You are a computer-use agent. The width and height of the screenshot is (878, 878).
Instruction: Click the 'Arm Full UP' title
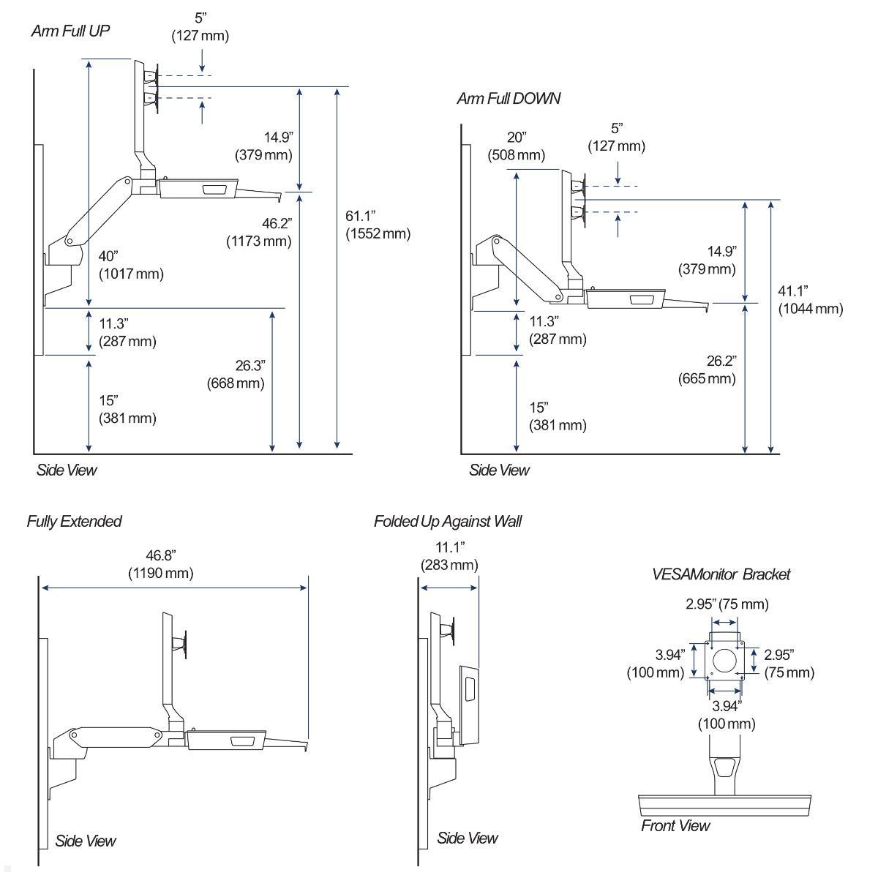coord(70,31)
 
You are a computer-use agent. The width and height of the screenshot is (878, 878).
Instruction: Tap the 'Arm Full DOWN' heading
coord(509,98)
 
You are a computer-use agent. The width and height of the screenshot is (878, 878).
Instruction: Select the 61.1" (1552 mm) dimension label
coord(378,225)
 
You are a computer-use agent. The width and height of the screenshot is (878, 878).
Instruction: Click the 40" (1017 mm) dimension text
coord(131,265)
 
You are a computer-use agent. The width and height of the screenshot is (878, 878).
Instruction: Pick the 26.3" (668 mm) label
coord(236,374)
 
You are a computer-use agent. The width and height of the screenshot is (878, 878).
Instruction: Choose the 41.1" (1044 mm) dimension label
coord(810,300)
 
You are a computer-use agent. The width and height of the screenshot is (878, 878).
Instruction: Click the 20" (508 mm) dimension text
coord(517,146)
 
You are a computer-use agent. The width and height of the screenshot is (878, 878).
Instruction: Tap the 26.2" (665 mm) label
coord(707,369)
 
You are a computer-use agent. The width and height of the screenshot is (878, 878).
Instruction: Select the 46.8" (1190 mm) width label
coord(161,564)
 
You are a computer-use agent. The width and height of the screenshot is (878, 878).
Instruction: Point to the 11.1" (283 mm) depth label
coord(449,556)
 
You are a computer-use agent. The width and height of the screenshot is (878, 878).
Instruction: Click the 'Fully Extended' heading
coord(74,522)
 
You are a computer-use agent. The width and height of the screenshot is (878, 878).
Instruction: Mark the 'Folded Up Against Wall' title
coord(447,522)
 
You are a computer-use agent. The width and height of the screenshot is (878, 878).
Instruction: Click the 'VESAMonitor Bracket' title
coord(721,574)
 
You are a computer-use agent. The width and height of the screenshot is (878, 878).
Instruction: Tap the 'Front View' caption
coord(675,826)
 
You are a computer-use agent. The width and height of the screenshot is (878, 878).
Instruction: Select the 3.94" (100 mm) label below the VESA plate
coord(725,715)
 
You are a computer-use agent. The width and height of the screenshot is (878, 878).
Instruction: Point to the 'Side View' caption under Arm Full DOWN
coord(498,470)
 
